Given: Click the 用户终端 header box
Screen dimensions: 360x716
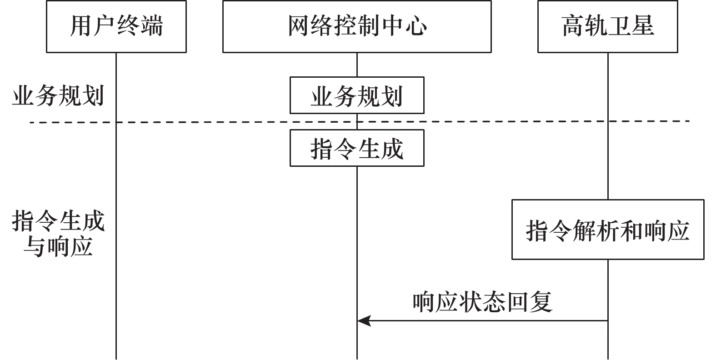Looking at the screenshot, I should tap(116, 26).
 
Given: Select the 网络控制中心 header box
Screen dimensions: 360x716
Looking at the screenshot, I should tap(356, 26).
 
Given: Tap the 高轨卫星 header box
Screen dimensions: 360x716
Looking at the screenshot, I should tap(607, 26).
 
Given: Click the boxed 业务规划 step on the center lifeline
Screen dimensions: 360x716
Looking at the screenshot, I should tap(356, 95).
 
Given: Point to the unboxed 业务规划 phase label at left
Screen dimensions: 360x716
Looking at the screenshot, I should tap(58, 96).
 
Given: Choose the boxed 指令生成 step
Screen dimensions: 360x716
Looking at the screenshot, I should tap(356, 148).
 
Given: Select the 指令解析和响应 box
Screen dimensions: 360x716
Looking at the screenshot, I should tap(607, 230).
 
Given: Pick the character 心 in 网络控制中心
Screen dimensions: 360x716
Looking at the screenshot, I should tap(416, 26).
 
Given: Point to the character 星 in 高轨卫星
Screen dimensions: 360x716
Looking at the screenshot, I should tap(643, 26).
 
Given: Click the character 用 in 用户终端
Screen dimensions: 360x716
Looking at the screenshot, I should tap(81, 26).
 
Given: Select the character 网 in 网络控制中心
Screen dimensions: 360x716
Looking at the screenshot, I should tap(300, 26).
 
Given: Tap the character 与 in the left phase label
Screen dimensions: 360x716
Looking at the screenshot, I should tap(35, 246).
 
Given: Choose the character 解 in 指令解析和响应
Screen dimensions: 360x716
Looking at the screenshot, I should tap(584, 230).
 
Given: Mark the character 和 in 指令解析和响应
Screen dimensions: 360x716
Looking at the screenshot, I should tap(631, 230).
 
